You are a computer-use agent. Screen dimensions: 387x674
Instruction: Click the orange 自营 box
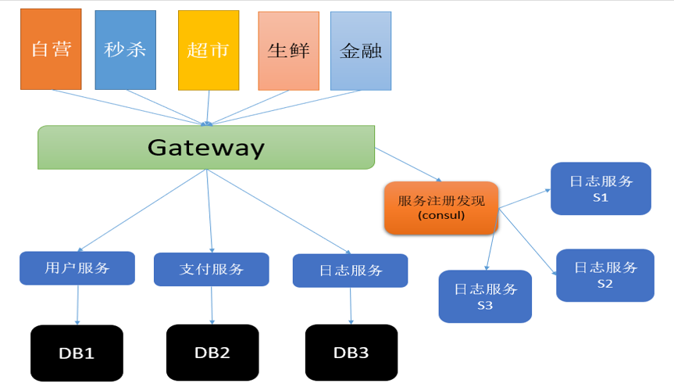(x=51, y=48)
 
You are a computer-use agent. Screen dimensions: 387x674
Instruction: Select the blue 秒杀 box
(x=125, y=49)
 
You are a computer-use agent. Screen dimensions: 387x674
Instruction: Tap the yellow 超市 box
(x=208, y=50)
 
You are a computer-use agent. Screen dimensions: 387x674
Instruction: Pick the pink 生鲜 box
(x=288, y=50)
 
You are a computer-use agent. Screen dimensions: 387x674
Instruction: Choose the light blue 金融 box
(x=360, y=50)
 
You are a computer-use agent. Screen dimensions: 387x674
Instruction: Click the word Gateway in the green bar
(x=206, y=147)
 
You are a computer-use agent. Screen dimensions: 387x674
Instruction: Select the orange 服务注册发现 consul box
(x=440, y=207)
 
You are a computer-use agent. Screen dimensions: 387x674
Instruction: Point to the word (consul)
(x=441, y=215)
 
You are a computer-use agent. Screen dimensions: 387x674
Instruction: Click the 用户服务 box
(x=77, y=268)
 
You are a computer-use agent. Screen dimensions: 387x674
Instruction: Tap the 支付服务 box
(x=212, y=269)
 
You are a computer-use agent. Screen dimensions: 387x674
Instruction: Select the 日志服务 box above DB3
(x=350, y=271)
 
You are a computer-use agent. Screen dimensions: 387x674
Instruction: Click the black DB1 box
(x=77, y=353)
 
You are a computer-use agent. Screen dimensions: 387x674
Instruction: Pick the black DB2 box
(x=212, y=352)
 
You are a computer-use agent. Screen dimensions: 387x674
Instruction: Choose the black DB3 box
(x=351, y=353)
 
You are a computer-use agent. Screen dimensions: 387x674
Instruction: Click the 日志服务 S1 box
(x=601, y=188)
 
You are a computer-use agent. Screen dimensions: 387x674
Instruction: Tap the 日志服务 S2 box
(x=604, y=274)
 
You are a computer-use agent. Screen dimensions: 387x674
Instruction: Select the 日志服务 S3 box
(x=485, y=296)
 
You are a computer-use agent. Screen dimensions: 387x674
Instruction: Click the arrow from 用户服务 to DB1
(x=77, y=305)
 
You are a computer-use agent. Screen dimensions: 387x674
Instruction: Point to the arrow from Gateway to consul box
(x=409, y=163)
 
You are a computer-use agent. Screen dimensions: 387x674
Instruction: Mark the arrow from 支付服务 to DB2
(x=212, y=305)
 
